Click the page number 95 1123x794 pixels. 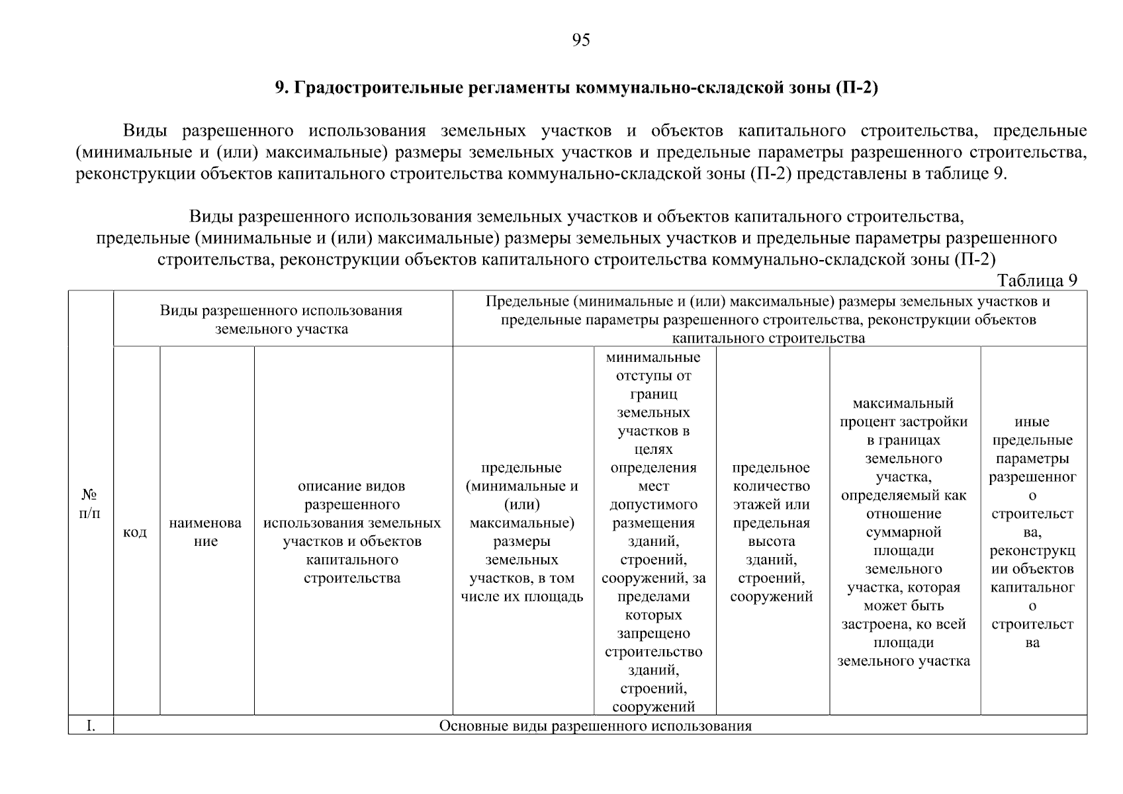[580, 41]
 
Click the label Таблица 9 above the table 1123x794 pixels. [1037, 281]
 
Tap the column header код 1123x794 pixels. [136, 532]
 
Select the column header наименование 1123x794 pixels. [206, 532]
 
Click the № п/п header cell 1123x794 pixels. [90, 504]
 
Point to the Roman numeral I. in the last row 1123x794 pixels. [91, 726]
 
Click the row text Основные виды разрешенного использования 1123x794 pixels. [596, 726]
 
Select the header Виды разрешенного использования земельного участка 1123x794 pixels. [282, 320]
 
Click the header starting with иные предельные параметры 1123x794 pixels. [1032, 532]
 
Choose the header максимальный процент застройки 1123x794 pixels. [903, 532]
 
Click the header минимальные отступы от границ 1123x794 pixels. [654, 532]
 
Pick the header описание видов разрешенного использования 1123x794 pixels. [352, 532]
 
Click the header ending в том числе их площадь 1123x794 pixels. [521, 532]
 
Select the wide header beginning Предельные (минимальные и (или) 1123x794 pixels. [768, 320]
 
